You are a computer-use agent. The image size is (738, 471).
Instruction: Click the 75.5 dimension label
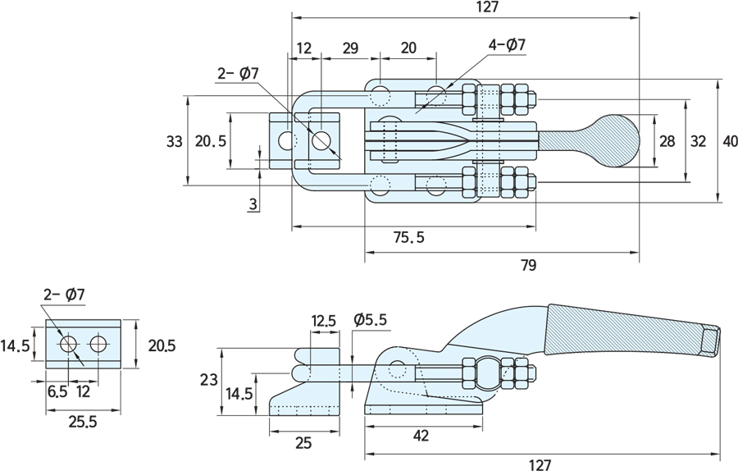(408, 237)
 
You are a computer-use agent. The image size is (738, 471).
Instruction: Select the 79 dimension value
(529, 266)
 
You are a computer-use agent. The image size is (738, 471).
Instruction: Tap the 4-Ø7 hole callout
(507, 45)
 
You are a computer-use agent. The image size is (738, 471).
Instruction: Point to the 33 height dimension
(174, 141)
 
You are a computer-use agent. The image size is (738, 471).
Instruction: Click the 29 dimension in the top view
(350, 48)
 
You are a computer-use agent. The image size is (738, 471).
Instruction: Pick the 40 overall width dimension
(729, 141)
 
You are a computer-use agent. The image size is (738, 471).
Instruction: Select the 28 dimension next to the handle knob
(667, 141)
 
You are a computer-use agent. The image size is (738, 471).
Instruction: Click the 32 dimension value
(698, 141)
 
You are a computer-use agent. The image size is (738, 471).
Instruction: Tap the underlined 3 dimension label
(253, 204)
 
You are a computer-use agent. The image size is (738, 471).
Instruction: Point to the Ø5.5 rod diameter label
(370, 320)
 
